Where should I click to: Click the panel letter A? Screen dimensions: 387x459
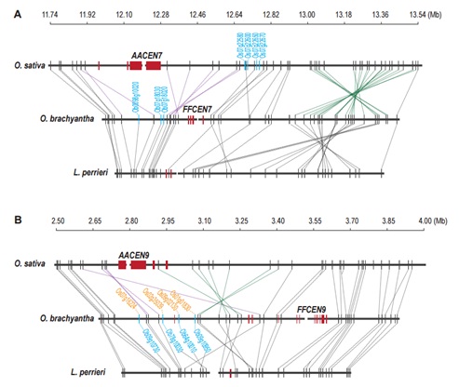[x=7, y=7]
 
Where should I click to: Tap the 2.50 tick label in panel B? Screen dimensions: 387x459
[x=58, y=220]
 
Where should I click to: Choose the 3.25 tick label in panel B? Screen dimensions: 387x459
[x=241, y=220]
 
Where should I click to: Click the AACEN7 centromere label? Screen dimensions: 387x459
[x=146, y=56]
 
